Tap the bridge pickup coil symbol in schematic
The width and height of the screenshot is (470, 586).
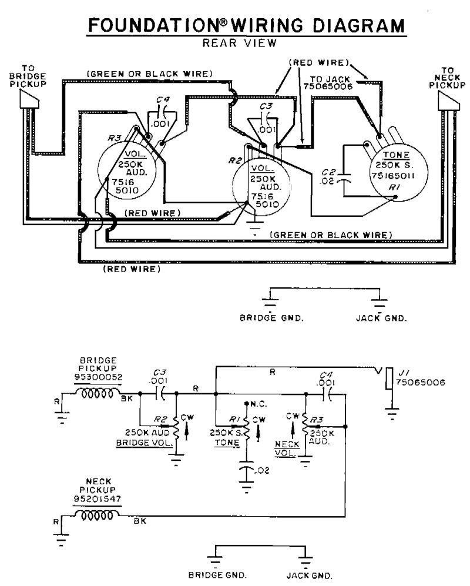click(x=97, y=393)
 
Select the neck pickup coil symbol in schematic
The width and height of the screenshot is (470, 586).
click(x=97, y=515)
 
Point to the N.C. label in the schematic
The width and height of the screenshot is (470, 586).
click(x=258, y=404)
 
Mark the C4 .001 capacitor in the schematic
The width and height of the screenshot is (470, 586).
click(x=325, y=395)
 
